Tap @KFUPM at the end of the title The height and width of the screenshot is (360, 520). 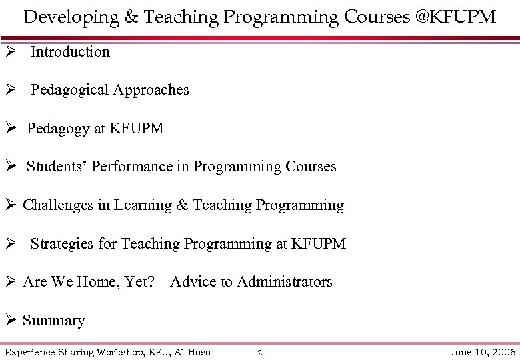pyautogui.click(x=455, y=17)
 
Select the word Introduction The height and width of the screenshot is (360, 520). pyautogui.click(x=70, y=52)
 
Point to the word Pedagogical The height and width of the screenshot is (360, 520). pyautogui.click(x=70, y=90)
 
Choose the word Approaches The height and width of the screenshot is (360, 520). pyautogui.click(x=151, y=90)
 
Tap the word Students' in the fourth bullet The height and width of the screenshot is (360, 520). pyautogui.click(x=57, y=167)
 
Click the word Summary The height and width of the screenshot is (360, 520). pyautogui.click(x=54, y=321)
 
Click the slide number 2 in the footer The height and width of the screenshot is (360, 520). pyautogui.click(x=260, y=353)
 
